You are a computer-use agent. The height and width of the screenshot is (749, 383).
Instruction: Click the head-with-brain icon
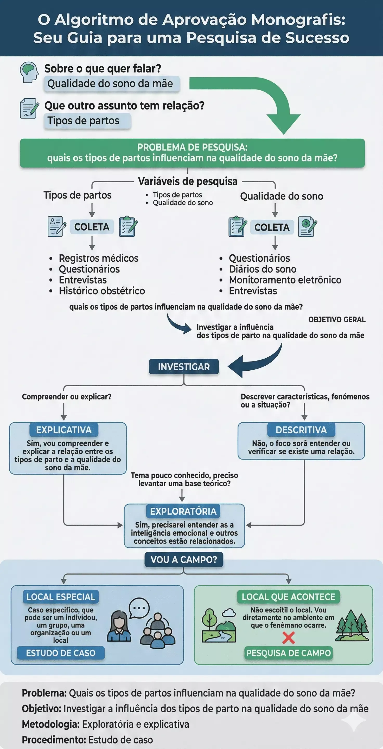pyautogui.click(x=29, y=72)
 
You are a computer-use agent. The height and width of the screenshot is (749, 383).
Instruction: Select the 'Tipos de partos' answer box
pyautogui.click(x=87, y=121)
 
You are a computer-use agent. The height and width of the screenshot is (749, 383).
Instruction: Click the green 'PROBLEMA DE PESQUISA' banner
pyautogui.click(x=192, y=153)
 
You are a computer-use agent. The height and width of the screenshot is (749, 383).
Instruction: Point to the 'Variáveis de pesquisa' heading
pyautogui.click(x=188, y=182)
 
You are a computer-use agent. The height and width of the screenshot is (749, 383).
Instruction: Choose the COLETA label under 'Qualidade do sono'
pyautogui.click(x=272, y=227)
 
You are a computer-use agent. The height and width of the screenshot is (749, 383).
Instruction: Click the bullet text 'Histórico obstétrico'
pyautogui.click(x=102, y=291)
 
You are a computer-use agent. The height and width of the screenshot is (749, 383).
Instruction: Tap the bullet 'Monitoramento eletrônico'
pyautogui.click(x=285, y=280)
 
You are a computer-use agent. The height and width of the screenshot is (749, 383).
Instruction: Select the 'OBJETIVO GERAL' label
pyautogui.click(x=337, y=320)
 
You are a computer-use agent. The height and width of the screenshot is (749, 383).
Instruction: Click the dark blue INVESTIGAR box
pyautogui.click(x=184, y=367)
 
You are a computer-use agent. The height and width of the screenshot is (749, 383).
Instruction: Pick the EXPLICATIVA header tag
pyautogui.click(x=64, y=430)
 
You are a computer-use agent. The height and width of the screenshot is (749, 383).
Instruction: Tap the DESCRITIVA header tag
pyautogui.click(x=301, y=430)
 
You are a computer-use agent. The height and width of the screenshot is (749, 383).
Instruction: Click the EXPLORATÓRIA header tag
pyautogui.click(x=183, y=511)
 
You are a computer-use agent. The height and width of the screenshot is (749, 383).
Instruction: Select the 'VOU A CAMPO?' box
pyautogui.click(x=184, y=559)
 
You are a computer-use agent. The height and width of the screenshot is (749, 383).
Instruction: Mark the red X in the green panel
pyautogui.click(x=289, y=638)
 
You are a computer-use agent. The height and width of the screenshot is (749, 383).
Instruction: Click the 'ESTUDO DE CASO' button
pyautogui.click(x=61, y=653)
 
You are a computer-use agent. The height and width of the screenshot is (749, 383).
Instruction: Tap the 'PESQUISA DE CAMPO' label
pyautogui.click(x=289, y=653)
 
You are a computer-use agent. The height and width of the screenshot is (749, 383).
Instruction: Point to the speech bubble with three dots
pyautogui.click(x=139, y=608)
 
